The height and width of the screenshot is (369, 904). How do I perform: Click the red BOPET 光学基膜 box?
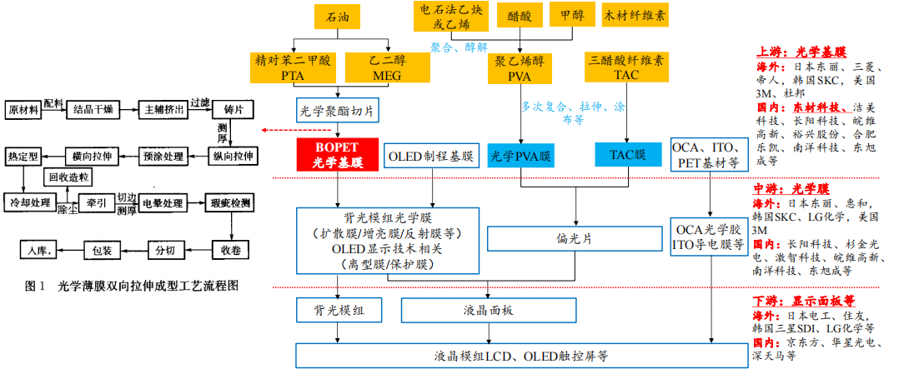[x=338, y=154]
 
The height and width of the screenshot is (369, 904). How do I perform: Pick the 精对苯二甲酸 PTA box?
[x=294, y=67]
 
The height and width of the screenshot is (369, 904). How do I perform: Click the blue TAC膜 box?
[x=628, y=154]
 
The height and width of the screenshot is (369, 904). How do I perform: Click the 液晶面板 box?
[x=487, y=311]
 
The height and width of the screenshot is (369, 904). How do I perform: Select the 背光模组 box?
[x=337, y=311]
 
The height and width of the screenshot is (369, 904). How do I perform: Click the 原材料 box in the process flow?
[x=24, y=109]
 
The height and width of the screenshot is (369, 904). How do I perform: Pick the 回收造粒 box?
[x=69, y=177]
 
